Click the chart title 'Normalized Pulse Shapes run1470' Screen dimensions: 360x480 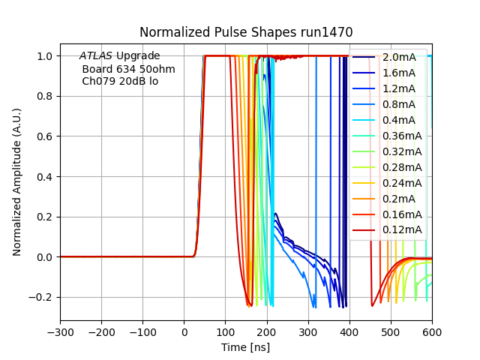pyautogui.click(x=246, y=32)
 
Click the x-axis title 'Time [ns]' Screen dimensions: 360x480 pyautogui.click(x=246, y=347)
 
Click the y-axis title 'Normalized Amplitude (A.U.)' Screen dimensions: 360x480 pyautogui.click(x=17, y=182)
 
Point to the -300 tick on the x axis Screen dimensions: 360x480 pyautogui.click(x=61, y=332)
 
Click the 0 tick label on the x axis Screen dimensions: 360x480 pyautogui.click(x=184, y=332)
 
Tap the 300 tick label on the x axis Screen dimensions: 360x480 pyautogui.click(x=308, y=332)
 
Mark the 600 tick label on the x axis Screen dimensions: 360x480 pyautogui.click(x=432, y=332)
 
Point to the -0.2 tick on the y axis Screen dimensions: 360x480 pyautogui.click(x=43, y=297)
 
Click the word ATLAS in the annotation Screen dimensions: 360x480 pyautogui.click(x=96, y=56)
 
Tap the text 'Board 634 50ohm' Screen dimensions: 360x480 pyautogui.click(x=128, y=69)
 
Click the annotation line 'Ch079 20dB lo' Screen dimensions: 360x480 pyautogui.click(x=120, y=81)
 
